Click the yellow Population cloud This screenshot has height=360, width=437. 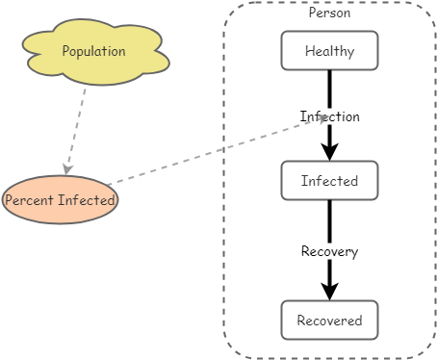[95, 52]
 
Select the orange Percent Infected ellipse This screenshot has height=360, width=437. [60, 200]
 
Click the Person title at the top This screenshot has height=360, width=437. [329, 13]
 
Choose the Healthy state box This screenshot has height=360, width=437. [329, 51]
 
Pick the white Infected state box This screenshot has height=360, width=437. [329, 180]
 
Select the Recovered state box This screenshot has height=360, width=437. [329, 321]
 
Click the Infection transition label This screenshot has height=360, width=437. [330, 116]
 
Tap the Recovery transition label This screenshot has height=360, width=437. [329, 252]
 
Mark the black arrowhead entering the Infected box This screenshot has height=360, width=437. [329, 152]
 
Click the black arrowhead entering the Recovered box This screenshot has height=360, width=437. [329, 292]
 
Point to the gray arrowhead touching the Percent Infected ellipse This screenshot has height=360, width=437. [66, 169]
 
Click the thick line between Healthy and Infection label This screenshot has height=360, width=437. [329, 89]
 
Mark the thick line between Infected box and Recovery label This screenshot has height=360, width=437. [329, 221]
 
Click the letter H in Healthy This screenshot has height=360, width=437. [309, 52]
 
